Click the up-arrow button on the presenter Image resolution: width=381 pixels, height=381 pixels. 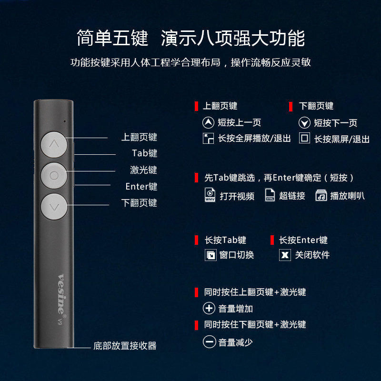[54, 143]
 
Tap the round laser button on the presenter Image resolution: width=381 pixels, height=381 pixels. [54, 175]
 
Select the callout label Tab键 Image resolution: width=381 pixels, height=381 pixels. [144, 153]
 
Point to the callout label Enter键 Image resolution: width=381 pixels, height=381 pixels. [141, 186]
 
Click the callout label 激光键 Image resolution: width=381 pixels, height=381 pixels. [143, 170]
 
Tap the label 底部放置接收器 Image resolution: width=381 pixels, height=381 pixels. [125, 346]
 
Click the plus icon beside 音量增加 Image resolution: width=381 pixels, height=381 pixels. [209, 308]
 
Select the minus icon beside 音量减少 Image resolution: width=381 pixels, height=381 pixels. [209, 342]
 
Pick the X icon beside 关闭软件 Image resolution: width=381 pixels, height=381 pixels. [285, 255]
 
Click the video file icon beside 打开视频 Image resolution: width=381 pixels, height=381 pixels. [210, 195]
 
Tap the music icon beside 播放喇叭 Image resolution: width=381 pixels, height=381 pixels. [321, 195]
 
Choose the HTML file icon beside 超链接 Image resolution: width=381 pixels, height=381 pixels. [270, 195]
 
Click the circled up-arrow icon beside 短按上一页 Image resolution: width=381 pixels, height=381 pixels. [209, 123]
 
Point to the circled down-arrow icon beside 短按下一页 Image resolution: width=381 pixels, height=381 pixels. [304, 123]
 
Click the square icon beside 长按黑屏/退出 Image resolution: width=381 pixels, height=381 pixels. [304, 139]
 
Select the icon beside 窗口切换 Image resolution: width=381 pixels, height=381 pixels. [210, 255]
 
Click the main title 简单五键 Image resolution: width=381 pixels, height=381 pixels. [112, 39]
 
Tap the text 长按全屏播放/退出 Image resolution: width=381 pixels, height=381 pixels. [254, 139]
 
